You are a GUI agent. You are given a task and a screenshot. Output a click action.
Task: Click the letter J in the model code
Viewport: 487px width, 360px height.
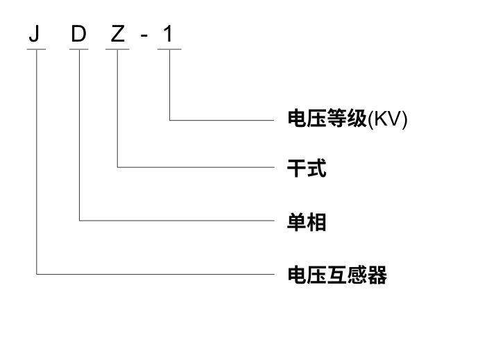34,34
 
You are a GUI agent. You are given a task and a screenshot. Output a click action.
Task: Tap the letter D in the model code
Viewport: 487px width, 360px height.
78,34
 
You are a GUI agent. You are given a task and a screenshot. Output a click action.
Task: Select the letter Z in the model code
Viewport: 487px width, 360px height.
118,34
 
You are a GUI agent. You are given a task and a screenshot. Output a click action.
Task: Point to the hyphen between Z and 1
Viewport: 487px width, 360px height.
144,36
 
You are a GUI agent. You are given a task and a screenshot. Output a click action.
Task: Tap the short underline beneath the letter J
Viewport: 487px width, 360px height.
36,50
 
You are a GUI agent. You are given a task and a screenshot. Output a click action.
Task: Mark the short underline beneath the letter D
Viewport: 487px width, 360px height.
80,50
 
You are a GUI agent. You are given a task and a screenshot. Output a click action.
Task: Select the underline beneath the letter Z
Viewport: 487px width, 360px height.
118,50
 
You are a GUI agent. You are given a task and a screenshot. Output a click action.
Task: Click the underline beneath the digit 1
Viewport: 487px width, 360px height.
169,50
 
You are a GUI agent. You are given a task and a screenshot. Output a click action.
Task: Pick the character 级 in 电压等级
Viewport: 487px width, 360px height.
356,119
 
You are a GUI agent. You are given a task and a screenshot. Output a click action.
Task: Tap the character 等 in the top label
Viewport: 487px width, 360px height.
336,119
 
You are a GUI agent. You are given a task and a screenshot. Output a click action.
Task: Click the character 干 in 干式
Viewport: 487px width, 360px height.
297,168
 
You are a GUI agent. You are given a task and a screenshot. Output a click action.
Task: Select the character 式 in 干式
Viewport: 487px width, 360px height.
316,168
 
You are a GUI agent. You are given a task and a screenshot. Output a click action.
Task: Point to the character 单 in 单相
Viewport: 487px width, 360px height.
297,221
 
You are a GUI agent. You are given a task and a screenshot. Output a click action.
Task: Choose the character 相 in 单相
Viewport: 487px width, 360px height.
316,221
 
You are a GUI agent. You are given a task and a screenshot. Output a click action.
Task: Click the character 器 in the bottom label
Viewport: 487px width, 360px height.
377,275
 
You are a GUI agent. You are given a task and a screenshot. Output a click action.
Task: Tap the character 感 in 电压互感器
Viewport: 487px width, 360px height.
357,275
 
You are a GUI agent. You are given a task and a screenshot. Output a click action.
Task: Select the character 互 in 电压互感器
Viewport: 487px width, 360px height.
336,275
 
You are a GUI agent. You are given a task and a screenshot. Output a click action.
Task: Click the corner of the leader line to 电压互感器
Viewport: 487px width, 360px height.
36,274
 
